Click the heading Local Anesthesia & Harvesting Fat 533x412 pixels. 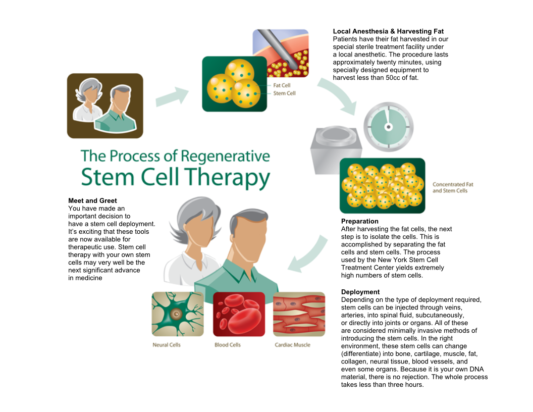click(388, 31)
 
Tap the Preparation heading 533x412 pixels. click(359, 221)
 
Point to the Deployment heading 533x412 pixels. click(360, 292)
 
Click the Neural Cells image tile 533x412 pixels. click(178, 314)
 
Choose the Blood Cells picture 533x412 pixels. click(239, 314)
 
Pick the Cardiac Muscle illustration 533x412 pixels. click(299, 314)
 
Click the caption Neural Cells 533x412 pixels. click(167, 345)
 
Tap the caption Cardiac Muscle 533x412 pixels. click(293, 345)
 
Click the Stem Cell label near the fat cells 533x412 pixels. click(284, 93)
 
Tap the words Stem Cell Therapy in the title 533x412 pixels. click(175, 178)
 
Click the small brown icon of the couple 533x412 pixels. click(105, 106)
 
